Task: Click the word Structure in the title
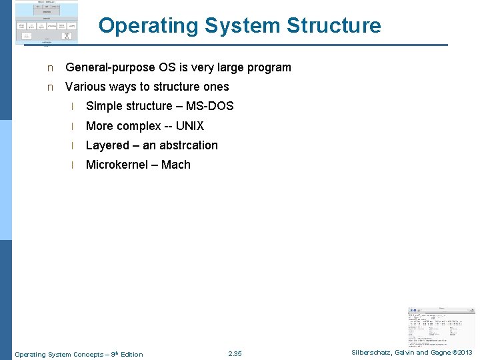click(x=334, y=26)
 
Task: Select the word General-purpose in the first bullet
click(x=110, y=67)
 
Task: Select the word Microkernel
click(x=117, y=165)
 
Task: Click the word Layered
click(x=107, y=145)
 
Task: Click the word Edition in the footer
click(x=131, y=354)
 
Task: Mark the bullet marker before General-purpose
click(x=49, y=68)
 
